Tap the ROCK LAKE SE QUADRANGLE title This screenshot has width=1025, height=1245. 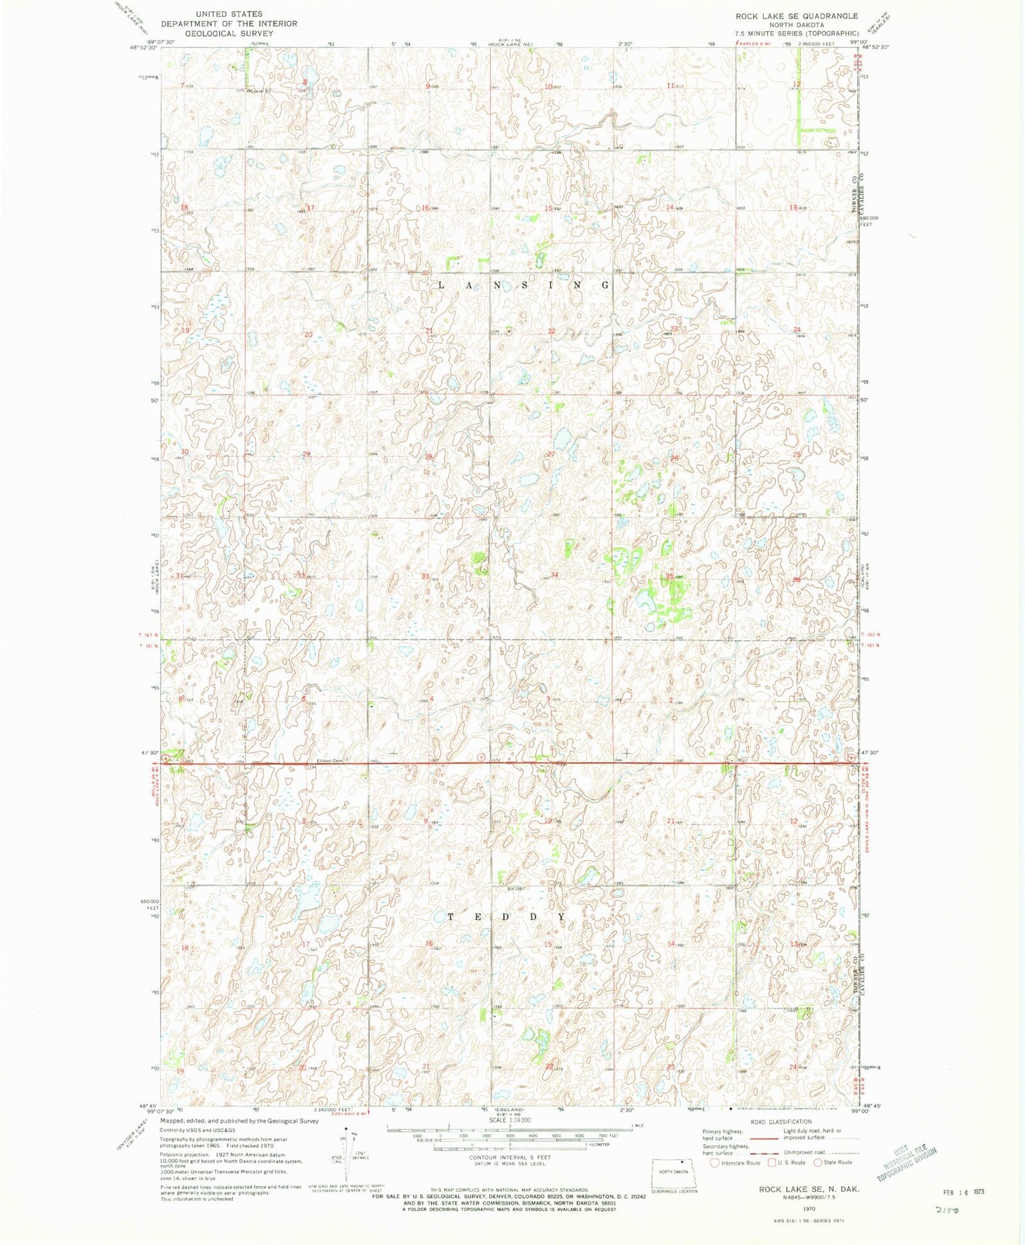(x=796, y=16)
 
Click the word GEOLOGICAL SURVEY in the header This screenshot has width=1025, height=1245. (x=228, y=33)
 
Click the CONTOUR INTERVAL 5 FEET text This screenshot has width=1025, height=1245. (x=509, y=1158)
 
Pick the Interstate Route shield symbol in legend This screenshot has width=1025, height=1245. (x=714, y=1163)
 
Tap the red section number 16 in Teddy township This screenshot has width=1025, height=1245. (x=428, y=943)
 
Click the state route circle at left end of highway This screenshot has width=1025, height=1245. (x=165, y=759)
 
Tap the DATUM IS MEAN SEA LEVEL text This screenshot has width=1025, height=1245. (x=509, y=1164)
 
